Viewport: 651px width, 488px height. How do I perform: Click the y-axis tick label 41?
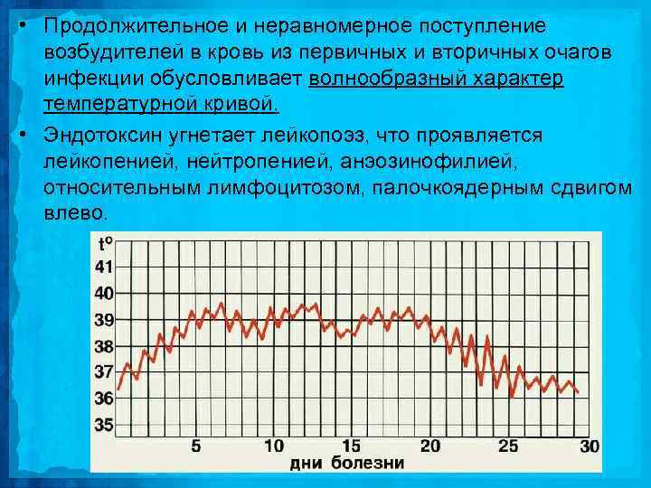pyautogui.click(x=104, y=267)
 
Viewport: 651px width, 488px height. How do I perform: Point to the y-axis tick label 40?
pyautogui.click(x=104, y=294)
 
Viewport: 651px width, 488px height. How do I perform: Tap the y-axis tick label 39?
pyautogui.click(x=104, y=320)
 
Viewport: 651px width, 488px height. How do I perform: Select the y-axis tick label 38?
pyautogui.click(x=104, y=346)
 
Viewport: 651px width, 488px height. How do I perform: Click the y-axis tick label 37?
pyautogui.click(x=104, y=371)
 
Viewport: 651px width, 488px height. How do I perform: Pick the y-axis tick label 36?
pyautogui.click(x=104, y=398)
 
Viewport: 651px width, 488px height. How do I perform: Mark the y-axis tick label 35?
pyautogui.click(x=104, y=424)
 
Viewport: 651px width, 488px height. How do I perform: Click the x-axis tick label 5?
pyautogui.click(x=196, y=446)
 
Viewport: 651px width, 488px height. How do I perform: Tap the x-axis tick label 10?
pyautogui.click(x=273, y=446)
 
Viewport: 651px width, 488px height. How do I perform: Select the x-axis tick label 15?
pyautogui.click(x=352, y=446)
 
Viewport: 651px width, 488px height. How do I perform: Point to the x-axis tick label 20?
pyautogui.click(x=430, y=446)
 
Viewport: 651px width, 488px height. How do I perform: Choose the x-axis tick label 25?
pyautogui.click(x=509, y=446)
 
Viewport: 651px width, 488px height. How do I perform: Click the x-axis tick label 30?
pyautogui.click(x=589, y=446)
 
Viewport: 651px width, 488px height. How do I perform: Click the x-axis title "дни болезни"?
pyautogui.click(x=347, y=465)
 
